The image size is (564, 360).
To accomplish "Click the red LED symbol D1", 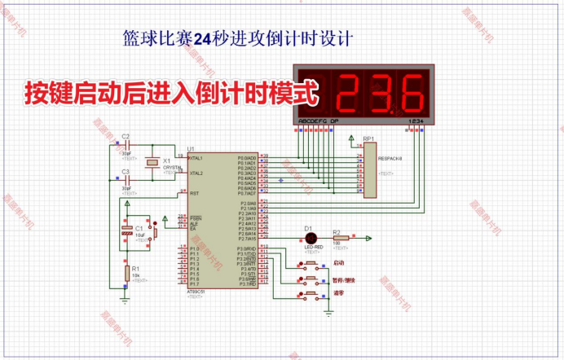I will pyautogui.click(x=310, y=238).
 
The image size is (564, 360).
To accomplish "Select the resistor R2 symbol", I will pyautogui.click(x=338, y=238).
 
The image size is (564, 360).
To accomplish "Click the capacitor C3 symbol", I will pyautogui.click(x=126, y=180).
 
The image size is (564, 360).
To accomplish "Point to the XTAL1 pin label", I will pyautogui.click(x=196, y=157).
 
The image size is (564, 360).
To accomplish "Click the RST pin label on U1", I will pyautogui.click(x=194, y=193).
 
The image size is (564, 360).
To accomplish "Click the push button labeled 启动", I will pyautogui.click(x=311, y=264).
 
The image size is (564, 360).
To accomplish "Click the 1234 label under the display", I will pyautogui.click(x=416, y=121).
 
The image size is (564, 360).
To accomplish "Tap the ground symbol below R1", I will pyautogui.click(x=126, y=299).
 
